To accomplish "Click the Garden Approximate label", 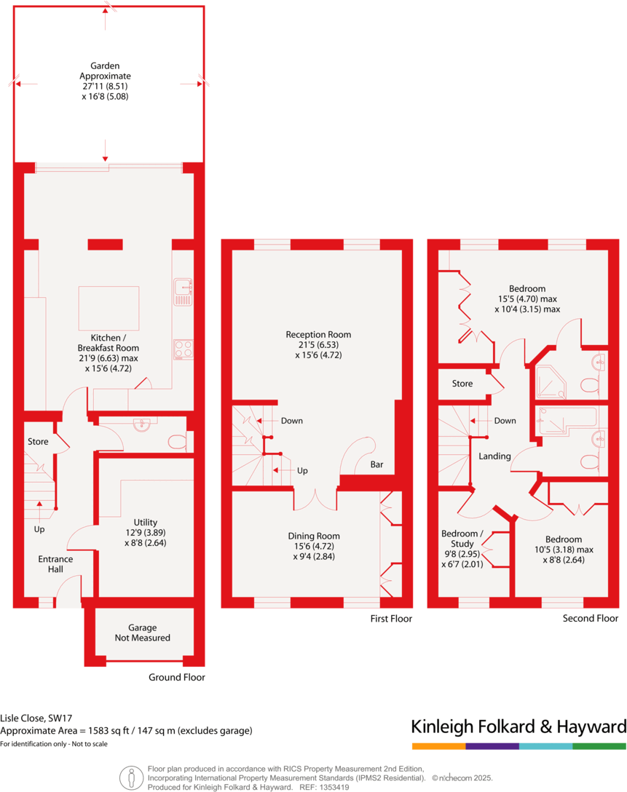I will (106, 80).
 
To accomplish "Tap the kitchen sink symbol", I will (182, 291).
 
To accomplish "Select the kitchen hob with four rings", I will (183, 349).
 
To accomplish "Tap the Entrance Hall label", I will (55, 564).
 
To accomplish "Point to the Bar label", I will (376, 464).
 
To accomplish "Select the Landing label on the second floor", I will (494, 456).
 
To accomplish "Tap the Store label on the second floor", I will (462, 384).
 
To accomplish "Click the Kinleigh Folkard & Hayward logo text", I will (518, 726).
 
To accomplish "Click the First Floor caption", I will (390, 619).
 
